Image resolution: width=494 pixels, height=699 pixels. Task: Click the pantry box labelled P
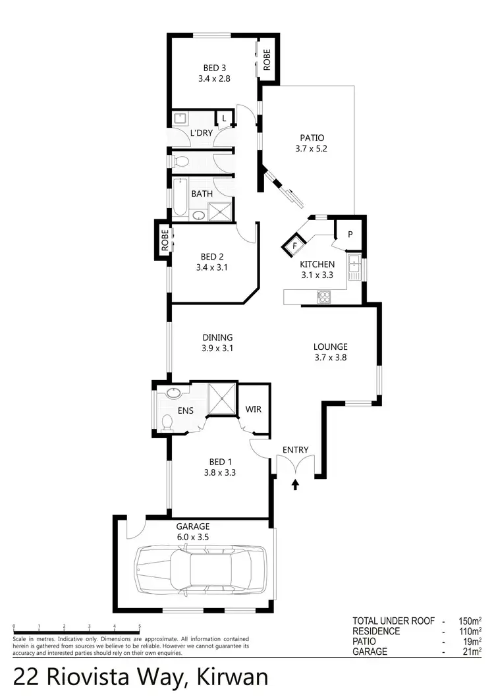pyautogui.click(x=349, y=233)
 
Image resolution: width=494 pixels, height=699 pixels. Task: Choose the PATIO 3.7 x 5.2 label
pyautogui.click(x=312, y=143)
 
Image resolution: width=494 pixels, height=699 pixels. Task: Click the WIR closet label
pyautogui.click(x=254, y=409)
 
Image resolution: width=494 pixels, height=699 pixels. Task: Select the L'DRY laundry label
pyautogui.click(x=201, y=133)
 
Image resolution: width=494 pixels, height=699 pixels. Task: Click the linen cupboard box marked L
pyautogui.click(x=225, y=119)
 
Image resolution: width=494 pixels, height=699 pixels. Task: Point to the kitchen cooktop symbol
pyautogui.click(x=323, y=296)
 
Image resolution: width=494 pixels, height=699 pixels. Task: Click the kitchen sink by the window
pyautogui.click(x=354, y=266)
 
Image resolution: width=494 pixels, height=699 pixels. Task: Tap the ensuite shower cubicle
pyautogui.click(x=221, y=398)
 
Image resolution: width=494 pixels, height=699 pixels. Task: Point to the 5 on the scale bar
pyautogui.click(x=140, y=627)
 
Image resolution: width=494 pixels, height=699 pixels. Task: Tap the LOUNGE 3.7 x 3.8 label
pyautogui.click(x=330, y=352)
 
